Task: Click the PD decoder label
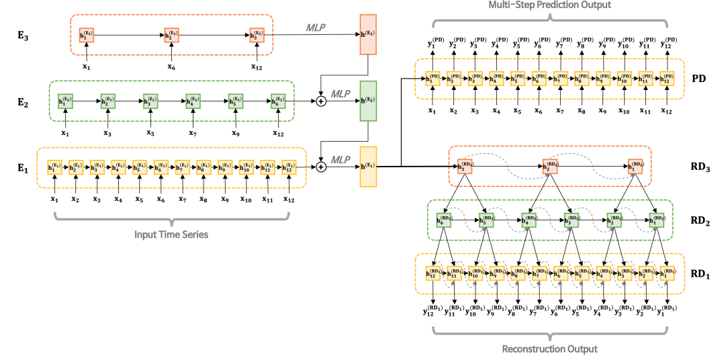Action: coord(698,79)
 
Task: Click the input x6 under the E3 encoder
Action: coord(171,66)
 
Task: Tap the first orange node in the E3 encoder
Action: coord(87,34)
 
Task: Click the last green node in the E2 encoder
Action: coord(277,101)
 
